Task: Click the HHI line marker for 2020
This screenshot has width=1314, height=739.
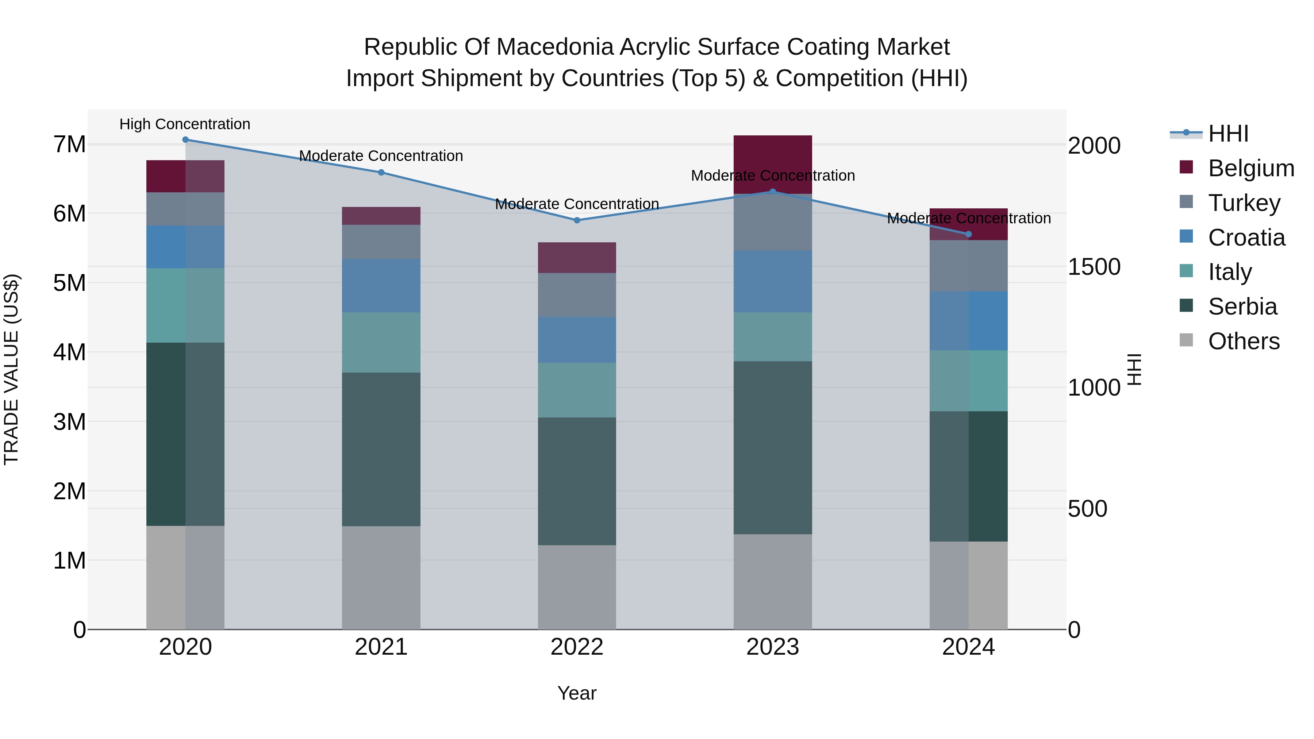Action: pyautogui.click(x=185, y=140)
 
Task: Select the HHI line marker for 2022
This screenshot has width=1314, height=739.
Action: pyautogui.click(x=577, y=220)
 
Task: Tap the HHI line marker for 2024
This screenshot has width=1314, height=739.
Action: pyautogui.click(x=969, y=234)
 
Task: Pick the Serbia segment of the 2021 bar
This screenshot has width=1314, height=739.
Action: pyautogui.click(x=381, y=449)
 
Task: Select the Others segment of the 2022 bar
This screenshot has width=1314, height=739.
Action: pyautogui.click(x=577, y=586)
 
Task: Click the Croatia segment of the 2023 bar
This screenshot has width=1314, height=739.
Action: pyautogui.click(x=773, y=281)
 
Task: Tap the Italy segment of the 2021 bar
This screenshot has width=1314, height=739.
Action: pyautogui.click(x=381, y=342)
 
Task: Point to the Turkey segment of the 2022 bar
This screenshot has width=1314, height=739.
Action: pyautogui.click(x=577, y=295)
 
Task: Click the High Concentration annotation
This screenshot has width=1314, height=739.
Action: pyautogui.click(x=185, y=124)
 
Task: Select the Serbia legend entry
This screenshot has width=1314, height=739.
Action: pyautogui.click(x=1242, y=307)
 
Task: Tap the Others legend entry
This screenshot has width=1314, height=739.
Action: pyautogui.click(x=1244, y=341)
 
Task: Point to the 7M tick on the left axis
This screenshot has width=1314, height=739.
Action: pyautogui.click(x=69, y=144)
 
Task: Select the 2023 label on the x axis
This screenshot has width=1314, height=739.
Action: pyautogui.click(x=773, y=647)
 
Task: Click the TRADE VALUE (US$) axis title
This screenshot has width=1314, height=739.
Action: pyautogui.click(x=11, y=369)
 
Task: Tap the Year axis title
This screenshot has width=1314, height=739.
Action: pyautogui.click(x=577, y=693)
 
